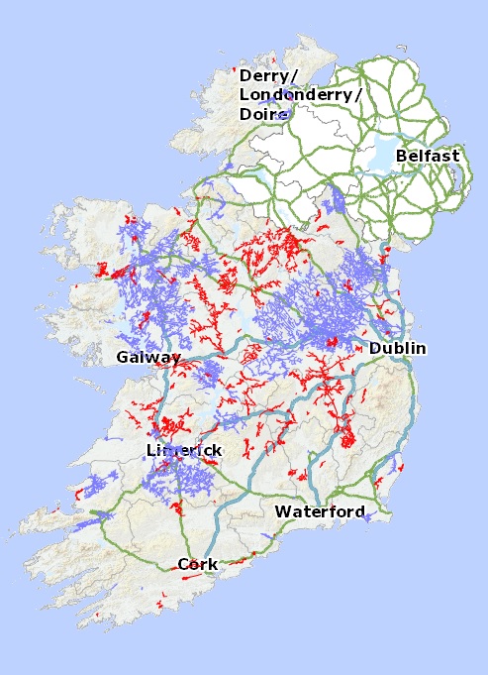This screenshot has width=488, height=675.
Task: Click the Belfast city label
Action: tap(427, 156)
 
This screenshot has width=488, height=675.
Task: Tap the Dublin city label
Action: tap(397, 348)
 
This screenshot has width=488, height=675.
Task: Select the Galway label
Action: tap(148, 357)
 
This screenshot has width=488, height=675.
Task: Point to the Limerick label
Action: tap(184, 450)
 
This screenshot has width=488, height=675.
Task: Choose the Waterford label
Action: tap(320, 511)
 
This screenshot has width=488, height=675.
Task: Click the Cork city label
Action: tap(197, 564)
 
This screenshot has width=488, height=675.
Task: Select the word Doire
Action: tap(262, 114)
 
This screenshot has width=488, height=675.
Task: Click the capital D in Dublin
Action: tap(375, 348)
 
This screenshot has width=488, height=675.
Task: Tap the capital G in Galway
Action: tap(123, 357)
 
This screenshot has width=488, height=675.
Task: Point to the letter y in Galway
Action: tap(176, 359)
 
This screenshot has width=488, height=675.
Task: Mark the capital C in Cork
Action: tap(183, 564)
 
